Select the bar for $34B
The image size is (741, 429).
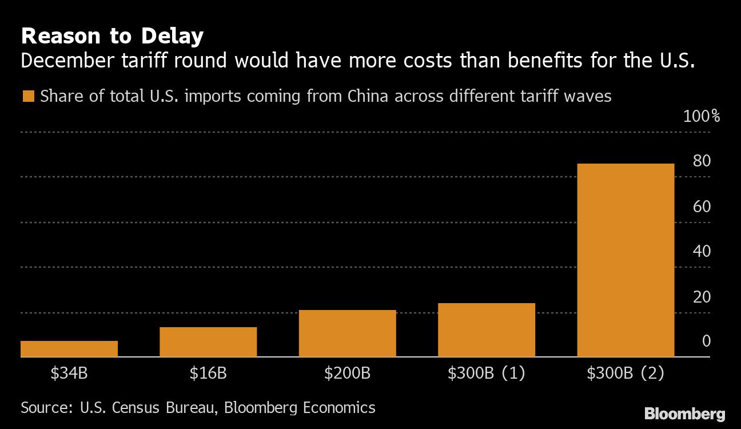[69, 349]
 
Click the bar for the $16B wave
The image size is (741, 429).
[208, 342]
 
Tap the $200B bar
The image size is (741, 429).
[347, 333]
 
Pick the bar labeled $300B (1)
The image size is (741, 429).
[487, 330]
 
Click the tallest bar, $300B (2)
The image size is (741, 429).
[626, 260]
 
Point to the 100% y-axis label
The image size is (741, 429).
[702, 117]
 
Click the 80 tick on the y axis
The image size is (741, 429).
[702, 161]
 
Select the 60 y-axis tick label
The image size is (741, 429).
[702, 206]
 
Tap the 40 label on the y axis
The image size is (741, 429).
[702, 251]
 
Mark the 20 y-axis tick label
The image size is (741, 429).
[702, 297]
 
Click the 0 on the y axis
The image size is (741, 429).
[706, 341]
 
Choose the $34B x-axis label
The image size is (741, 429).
[69, 374]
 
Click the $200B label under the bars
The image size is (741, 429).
[347, 374]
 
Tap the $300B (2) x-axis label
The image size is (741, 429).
[626, 374]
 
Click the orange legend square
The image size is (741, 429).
[27, 96]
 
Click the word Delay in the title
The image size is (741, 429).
[171, 37]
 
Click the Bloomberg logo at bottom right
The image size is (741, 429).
[685, 414]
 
